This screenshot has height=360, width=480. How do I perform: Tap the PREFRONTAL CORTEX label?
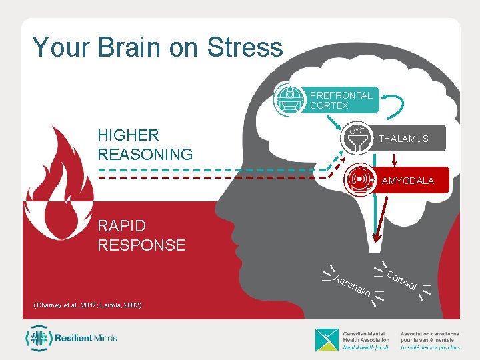[x=341, y=100]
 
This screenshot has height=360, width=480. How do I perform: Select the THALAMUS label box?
[x=403, y=139]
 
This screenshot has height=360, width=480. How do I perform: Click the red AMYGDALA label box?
[x=407, y=181]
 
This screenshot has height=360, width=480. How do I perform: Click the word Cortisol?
[x=402, y=282]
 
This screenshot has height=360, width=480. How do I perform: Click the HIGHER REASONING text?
[x=145, y=145]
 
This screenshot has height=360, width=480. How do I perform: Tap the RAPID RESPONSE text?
[x=141, y=235]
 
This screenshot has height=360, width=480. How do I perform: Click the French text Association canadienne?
[x=430, y=334]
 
